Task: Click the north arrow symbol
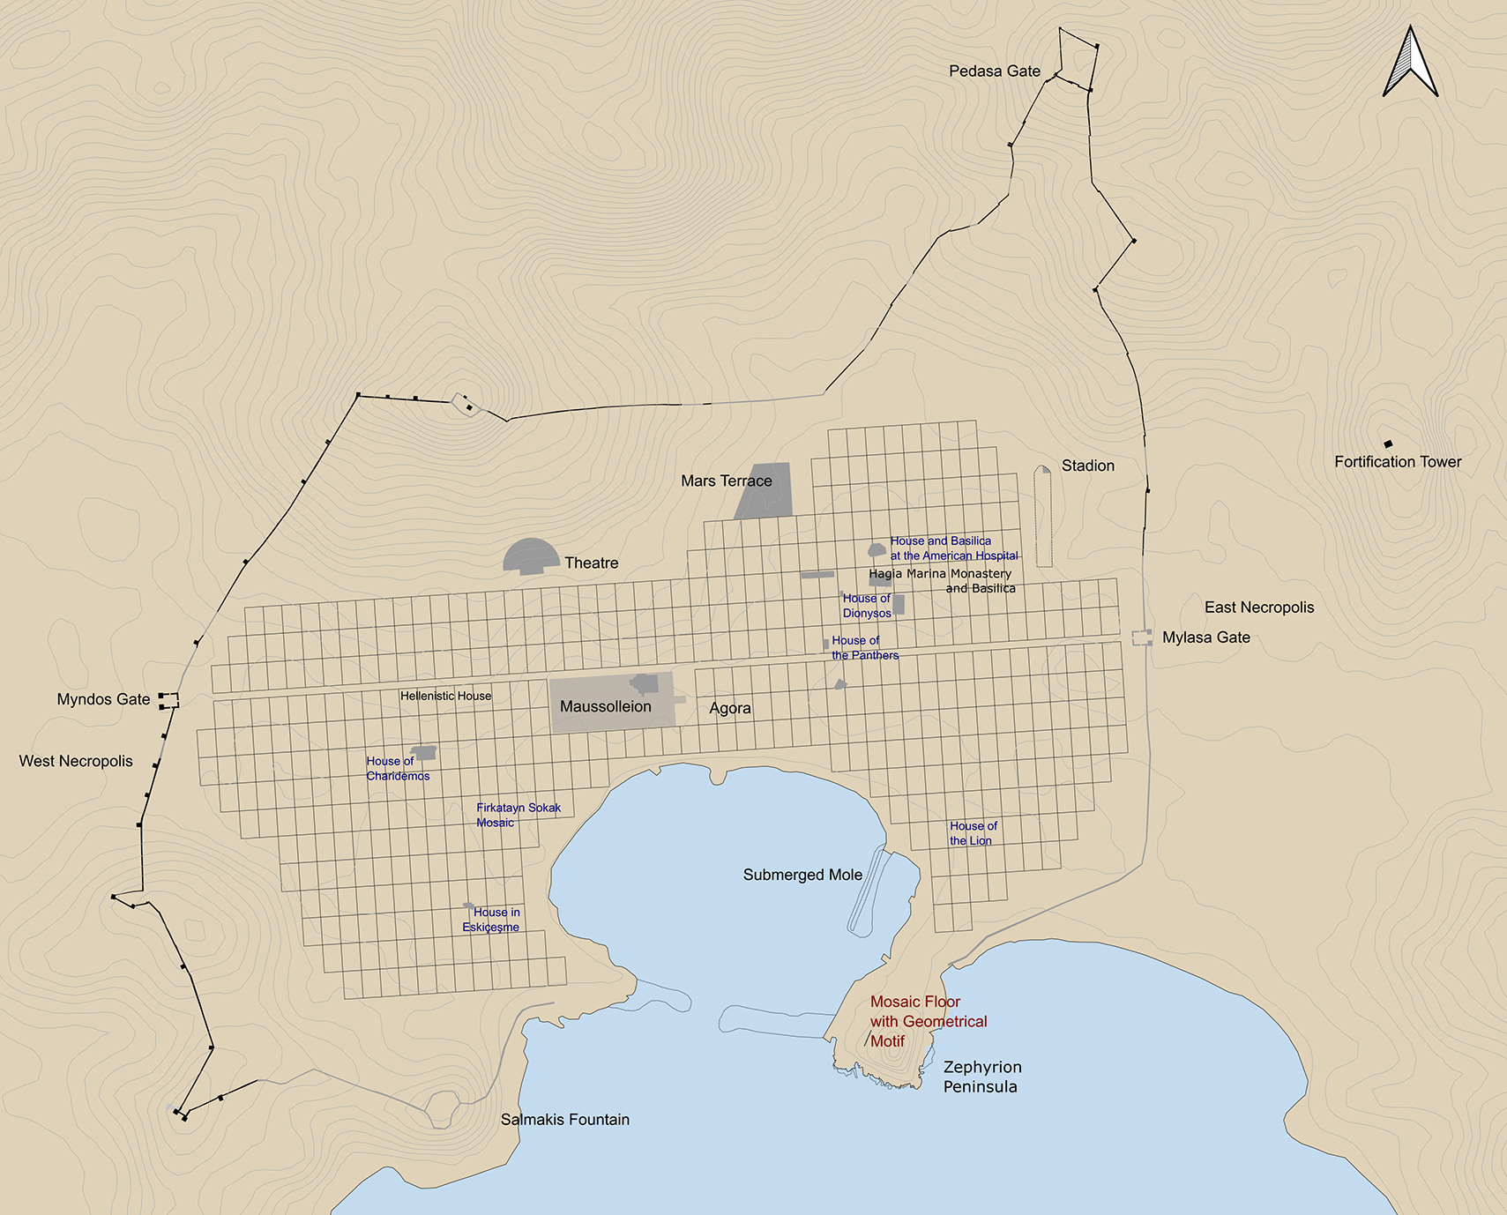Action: [1410, 63]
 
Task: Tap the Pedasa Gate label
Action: [994, 71]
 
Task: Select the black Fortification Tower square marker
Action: [1388, 444]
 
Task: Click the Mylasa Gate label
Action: [1205, 637]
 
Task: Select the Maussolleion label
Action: [605, 707]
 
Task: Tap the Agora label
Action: [729, 708]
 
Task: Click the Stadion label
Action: [1087, 466]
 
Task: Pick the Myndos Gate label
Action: [103, 699]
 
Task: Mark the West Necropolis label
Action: [76, 761]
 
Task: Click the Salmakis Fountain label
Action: [564, 1120]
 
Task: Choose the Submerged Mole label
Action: [802, 875]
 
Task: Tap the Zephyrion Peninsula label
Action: [981, 1077]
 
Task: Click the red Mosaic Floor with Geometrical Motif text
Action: [928, 1021]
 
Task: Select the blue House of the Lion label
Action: [973, 833]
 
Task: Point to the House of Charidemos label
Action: [397, 768]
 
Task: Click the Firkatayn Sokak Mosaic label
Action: [518, 815]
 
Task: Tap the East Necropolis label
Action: [1258, 607]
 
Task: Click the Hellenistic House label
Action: [445, 696]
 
